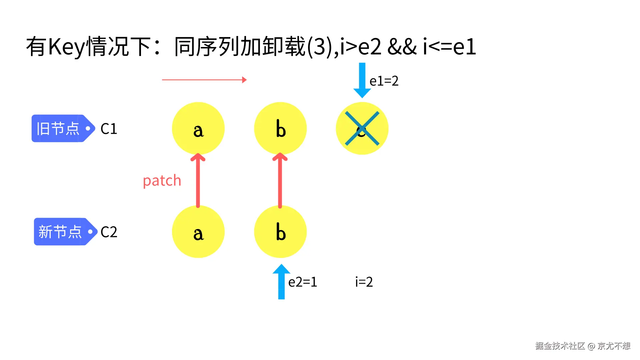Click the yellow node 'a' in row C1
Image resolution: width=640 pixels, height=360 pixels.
198,128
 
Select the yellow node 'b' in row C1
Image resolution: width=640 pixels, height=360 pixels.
280,128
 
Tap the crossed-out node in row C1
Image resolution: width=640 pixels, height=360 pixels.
362,128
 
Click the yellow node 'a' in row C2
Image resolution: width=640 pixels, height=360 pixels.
198,232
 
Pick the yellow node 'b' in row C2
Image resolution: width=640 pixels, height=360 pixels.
280,232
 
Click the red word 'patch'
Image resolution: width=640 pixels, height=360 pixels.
162,181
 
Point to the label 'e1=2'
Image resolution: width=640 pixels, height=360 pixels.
384,81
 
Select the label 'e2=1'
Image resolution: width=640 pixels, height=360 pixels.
303,282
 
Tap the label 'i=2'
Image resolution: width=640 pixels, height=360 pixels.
364,282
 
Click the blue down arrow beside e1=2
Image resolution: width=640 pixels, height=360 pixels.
362,80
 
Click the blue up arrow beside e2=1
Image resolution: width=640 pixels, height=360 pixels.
281,281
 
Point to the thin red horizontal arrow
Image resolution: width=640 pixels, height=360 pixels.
204,80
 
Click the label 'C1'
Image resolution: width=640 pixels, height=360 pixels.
109,129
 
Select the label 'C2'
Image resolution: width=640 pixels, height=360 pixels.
109,232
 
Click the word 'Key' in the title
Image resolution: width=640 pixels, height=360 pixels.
67,47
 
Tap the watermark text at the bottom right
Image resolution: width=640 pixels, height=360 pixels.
583,346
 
